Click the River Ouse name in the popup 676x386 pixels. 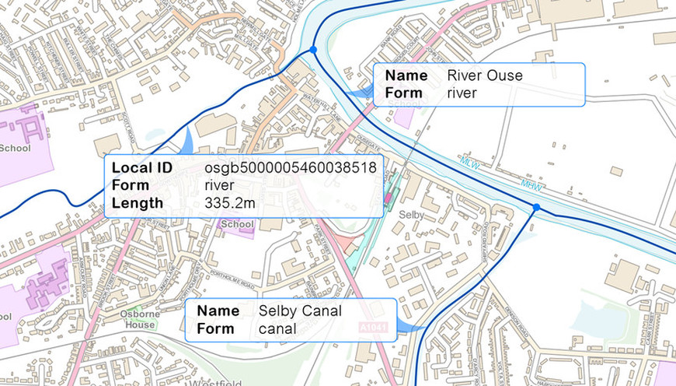click(x=485, y=75)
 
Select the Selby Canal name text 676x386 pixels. click(x=300, y=311)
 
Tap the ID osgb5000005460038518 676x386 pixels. click(x=291, y=168)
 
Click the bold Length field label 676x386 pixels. click(x=138, y=203)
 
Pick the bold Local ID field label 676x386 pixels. click(x=141, y=168)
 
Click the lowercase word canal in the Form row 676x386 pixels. click(x=277, y=328)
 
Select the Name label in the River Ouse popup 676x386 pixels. click(x=406, y=75)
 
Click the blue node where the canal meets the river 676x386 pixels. click(x=535, y=207)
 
